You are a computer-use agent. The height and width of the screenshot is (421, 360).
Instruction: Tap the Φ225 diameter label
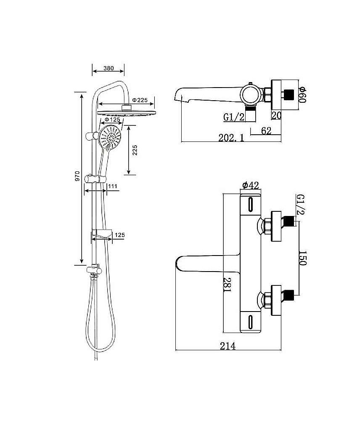(140, 100)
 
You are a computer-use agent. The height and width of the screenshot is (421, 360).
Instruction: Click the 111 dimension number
(112, 186)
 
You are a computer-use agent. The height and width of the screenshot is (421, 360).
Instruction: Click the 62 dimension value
(265, 131)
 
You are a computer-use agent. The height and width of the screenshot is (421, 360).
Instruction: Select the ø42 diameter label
(250, 185)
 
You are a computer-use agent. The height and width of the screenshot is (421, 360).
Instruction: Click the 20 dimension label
(276, 115)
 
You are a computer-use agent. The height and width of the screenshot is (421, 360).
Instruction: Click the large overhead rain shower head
(125, 112)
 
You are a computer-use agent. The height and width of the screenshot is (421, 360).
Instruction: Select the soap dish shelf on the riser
(101, 232)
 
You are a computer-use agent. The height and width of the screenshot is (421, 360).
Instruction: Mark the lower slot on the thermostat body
(251, 321)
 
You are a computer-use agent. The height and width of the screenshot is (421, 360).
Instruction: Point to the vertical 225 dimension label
(135, 150)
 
